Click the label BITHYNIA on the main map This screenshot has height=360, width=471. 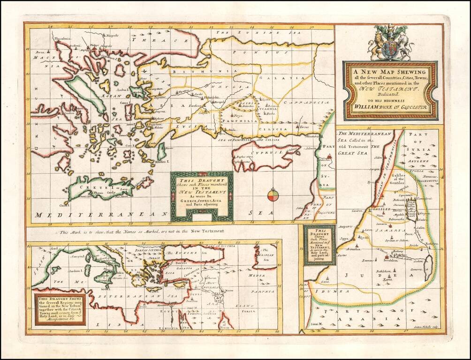tap(188, 72)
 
